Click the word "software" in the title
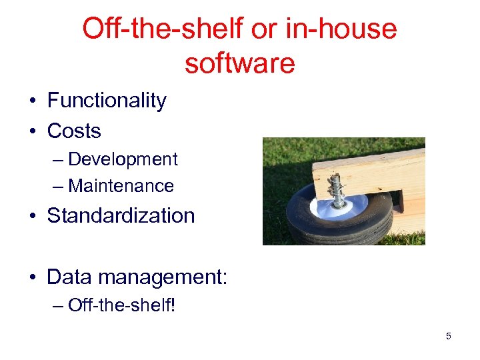(239, 63)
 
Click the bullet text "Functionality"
(107, 101)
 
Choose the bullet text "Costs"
(74, 131)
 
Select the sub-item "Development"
(123, 159)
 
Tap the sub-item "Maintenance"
(121, 186)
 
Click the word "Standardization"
(121, 215)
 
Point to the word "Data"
(69, 276)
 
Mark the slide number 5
(448, 336)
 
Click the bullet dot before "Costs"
(32, 131)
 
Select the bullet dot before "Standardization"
(32, 216)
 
